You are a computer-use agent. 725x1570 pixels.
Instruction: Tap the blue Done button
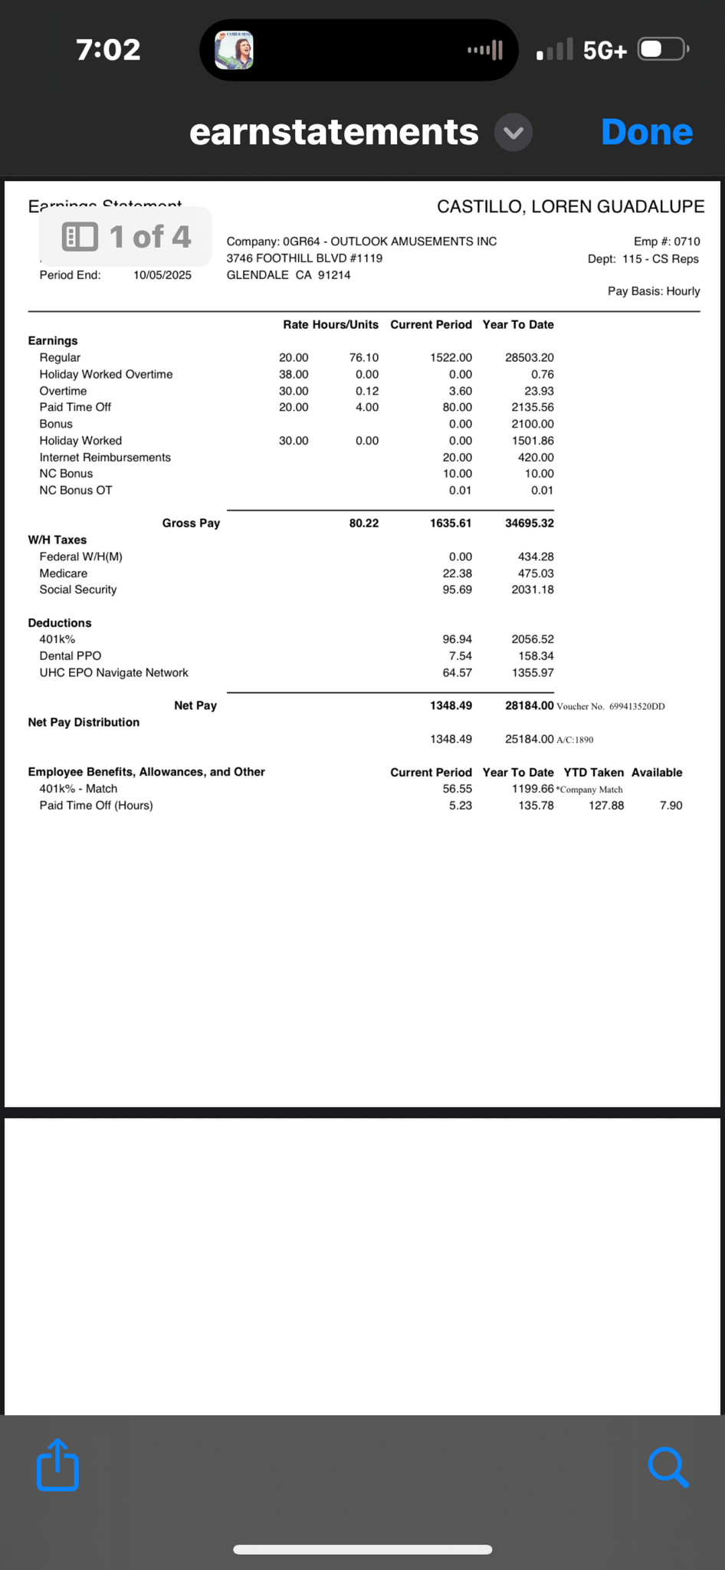pyautogui.click(x=647, y=132)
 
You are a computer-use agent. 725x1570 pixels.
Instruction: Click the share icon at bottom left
pyautogui.click(x=57, y=1465)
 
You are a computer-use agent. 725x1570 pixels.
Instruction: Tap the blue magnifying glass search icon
pyautogui.click(x=668, y=1467)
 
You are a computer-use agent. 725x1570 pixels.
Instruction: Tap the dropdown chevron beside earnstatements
pyautogui.click(x=513, y=133)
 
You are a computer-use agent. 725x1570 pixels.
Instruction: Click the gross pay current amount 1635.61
pyautogui.click(x=451, y=523)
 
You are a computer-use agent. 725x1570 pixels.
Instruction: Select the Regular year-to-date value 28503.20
pyautogui.click(x=529, y=357)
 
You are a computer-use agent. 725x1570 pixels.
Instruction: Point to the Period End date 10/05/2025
pyautogui.click(x=162, y=275)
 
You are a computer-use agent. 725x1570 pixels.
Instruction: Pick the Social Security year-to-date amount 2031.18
pyautogui.click(x=532, y=590)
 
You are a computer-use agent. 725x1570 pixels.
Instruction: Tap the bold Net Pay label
pyautogui.click(x=195, y=705)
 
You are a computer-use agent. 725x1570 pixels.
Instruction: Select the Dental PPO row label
pyautogui.click(x=71, y=655)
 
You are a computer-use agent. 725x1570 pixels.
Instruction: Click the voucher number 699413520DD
pyautogui.click(x=637, y=706)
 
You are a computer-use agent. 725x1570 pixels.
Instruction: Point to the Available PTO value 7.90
pyautogui.click(x=671, y=805)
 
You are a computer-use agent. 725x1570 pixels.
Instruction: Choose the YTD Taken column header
pyautogui.click(x=593, y=772)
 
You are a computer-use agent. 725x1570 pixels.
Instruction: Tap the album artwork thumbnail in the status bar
pyautogui.click(x=234, y=51)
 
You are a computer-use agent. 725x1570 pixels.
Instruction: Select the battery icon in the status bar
pyautogui.click(x=662, y=50)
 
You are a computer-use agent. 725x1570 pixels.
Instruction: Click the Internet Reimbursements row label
pyautogui.click(x=105, y=457)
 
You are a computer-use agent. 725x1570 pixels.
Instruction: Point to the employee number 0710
pyautogui.click(x=687, y=241)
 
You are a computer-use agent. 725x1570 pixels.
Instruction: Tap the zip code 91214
pyautogui.click(x=334, y=274)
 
